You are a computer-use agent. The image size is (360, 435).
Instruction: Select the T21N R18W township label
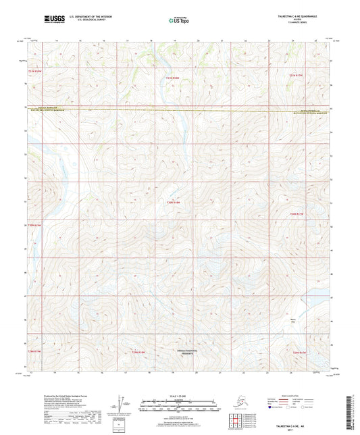coord(174,79)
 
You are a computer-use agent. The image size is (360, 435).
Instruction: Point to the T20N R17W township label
coord(298,214)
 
